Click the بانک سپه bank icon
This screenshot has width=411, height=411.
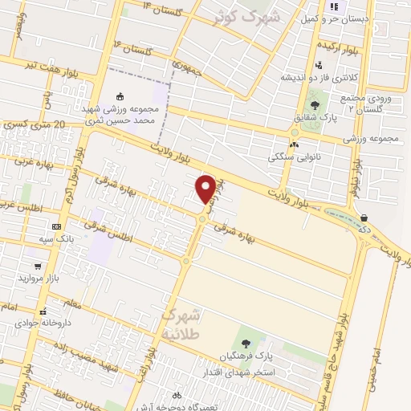[x=55, y=227]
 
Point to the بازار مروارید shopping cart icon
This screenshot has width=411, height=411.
[x=37, y=266]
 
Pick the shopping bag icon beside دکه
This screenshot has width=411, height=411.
[x=364, y=218]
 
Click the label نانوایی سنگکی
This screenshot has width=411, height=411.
[x=294, y=157]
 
